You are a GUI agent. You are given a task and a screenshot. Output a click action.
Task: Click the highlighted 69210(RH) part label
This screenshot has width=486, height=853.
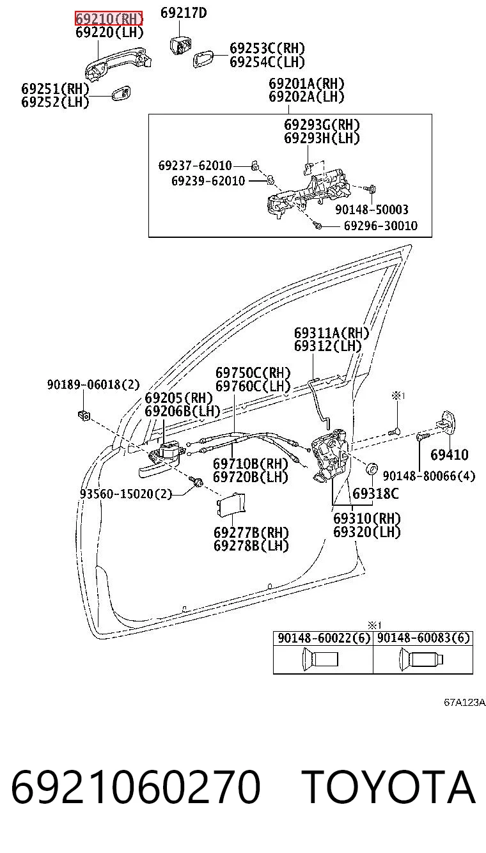click(x=109, y=19)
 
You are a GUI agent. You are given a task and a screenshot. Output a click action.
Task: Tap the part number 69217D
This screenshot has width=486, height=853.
click(x=184, y=13)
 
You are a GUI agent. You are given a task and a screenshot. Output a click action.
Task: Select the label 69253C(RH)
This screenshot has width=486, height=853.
click(x=267, y=49)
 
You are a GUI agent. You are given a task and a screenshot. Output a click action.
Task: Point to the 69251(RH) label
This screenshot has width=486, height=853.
click(x=55, y=89)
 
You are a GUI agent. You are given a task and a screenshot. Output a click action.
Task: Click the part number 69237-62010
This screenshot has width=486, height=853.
click(x=195, y=166)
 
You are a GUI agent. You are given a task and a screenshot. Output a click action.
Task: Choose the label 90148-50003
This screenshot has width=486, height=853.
click(x=372, y=210)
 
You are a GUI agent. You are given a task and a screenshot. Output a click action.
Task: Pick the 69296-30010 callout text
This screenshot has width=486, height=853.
click(x=381, y=226)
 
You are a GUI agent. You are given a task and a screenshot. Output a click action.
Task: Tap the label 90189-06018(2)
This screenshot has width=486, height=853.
click(x=94, y=384)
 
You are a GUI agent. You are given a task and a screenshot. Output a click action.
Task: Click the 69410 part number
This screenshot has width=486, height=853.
click(x=450, y=454)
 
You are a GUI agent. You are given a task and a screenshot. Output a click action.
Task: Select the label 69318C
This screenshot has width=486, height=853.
click(x=375, y=494)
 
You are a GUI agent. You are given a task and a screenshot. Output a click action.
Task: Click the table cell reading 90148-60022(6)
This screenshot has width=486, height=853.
click(x=324, y=638)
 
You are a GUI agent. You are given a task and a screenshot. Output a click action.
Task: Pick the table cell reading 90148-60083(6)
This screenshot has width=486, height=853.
click(x=423, y=638)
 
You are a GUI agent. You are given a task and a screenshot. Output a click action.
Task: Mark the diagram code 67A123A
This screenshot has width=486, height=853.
click(x=465, y=702)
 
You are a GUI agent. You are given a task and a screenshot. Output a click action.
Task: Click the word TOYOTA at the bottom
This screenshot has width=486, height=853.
click(x=389, y=786)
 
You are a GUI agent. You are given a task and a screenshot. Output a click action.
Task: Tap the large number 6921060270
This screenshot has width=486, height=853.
click(x=136, y=786)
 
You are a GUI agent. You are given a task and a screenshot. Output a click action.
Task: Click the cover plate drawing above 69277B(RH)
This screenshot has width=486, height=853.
click(x=231, y=505)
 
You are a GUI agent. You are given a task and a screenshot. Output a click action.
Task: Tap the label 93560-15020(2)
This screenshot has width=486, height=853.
click(x=126, y=494)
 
